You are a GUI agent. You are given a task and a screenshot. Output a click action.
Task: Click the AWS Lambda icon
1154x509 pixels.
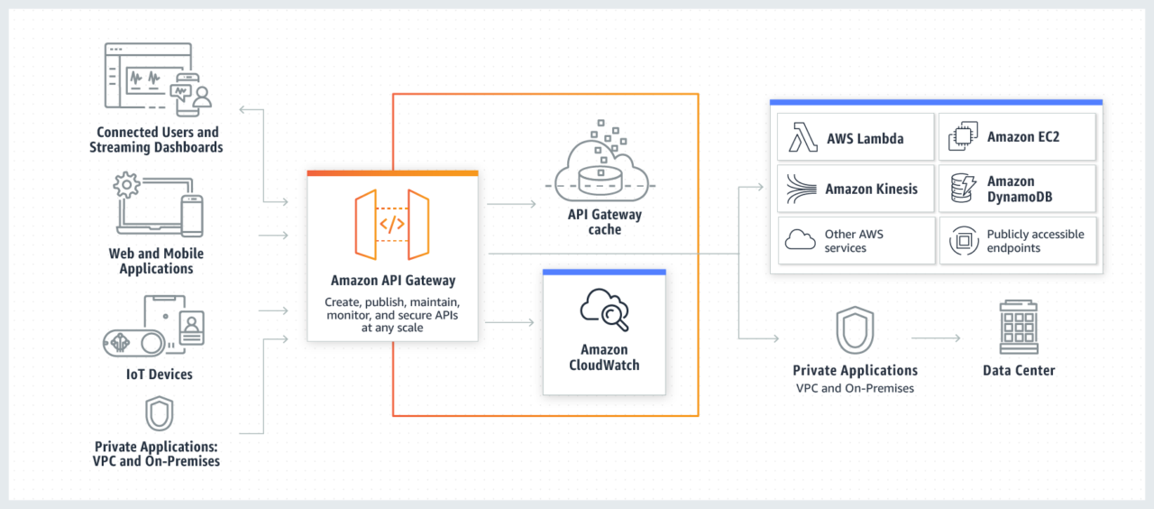pos(802,138)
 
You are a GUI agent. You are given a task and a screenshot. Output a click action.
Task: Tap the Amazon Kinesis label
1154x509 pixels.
pos(871,190)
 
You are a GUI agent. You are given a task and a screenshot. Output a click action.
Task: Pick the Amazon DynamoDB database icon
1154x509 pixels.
pos(962,189)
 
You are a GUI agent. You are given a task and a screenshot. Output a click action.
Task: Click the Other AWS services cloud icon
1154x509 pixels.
pos(801,240)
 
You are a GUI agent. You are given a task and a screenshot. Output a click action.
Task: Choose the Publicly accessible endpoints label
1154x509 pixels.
pos(1035,241)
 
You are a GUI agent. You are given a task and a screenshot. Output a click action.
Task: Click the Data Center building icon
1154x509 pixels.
pos(1019,328)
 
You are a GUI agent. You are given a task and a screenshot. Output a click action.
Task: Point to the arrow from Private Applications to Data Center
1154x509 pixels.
pos(936,338)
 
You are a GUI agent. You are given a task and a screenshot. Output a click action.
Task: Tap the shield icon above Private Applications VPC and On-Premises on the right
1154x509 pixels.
pos(853,330)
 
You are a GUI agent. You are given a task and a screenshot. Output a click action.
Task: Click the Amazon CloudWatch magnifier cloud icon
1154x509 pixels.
pos(604,310)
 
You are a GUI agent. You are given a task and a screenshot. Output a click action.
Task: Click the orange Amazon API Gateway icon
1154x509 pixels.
pos(392,225)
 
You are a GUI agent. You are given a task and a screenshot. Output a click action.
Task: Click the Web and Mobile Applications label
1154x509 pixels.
pos(156,261)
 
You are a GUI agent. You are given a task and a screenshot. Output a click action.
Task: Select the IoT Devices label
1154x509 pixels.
pos(159,374)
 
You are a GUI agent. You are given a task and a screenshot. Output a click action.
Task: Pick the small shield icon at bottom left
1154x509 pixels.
pos(159,414)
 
